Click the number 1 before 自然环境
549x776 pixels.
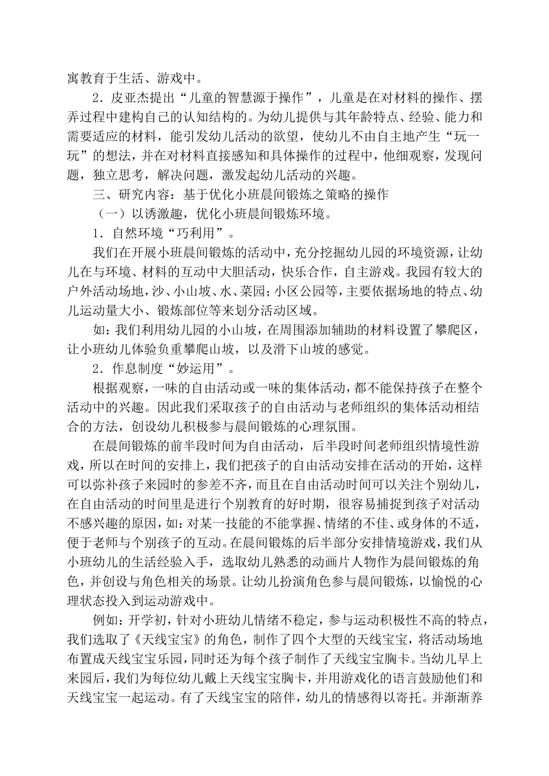pyautogui.click(x=97, y=233)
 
